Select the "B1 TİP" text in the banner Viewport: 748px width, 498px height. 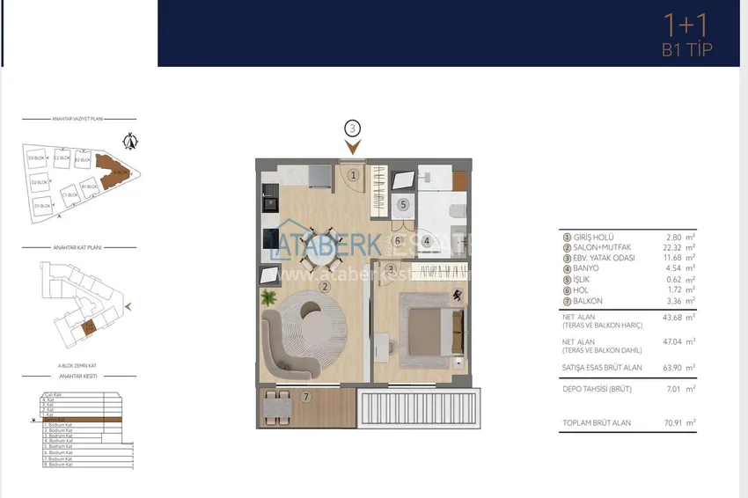point(686,50)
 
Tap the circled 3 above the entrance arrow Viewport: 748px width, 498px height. point(352,128)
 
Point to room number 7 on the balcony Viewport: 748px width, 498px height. point(305,397)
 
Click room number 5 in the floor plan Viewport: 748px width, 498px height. point(403,204)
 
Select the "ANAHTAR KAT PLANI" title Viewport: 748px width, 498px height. point(77,248)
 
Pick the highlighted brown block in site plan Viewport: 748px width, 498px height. point(113,172)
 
